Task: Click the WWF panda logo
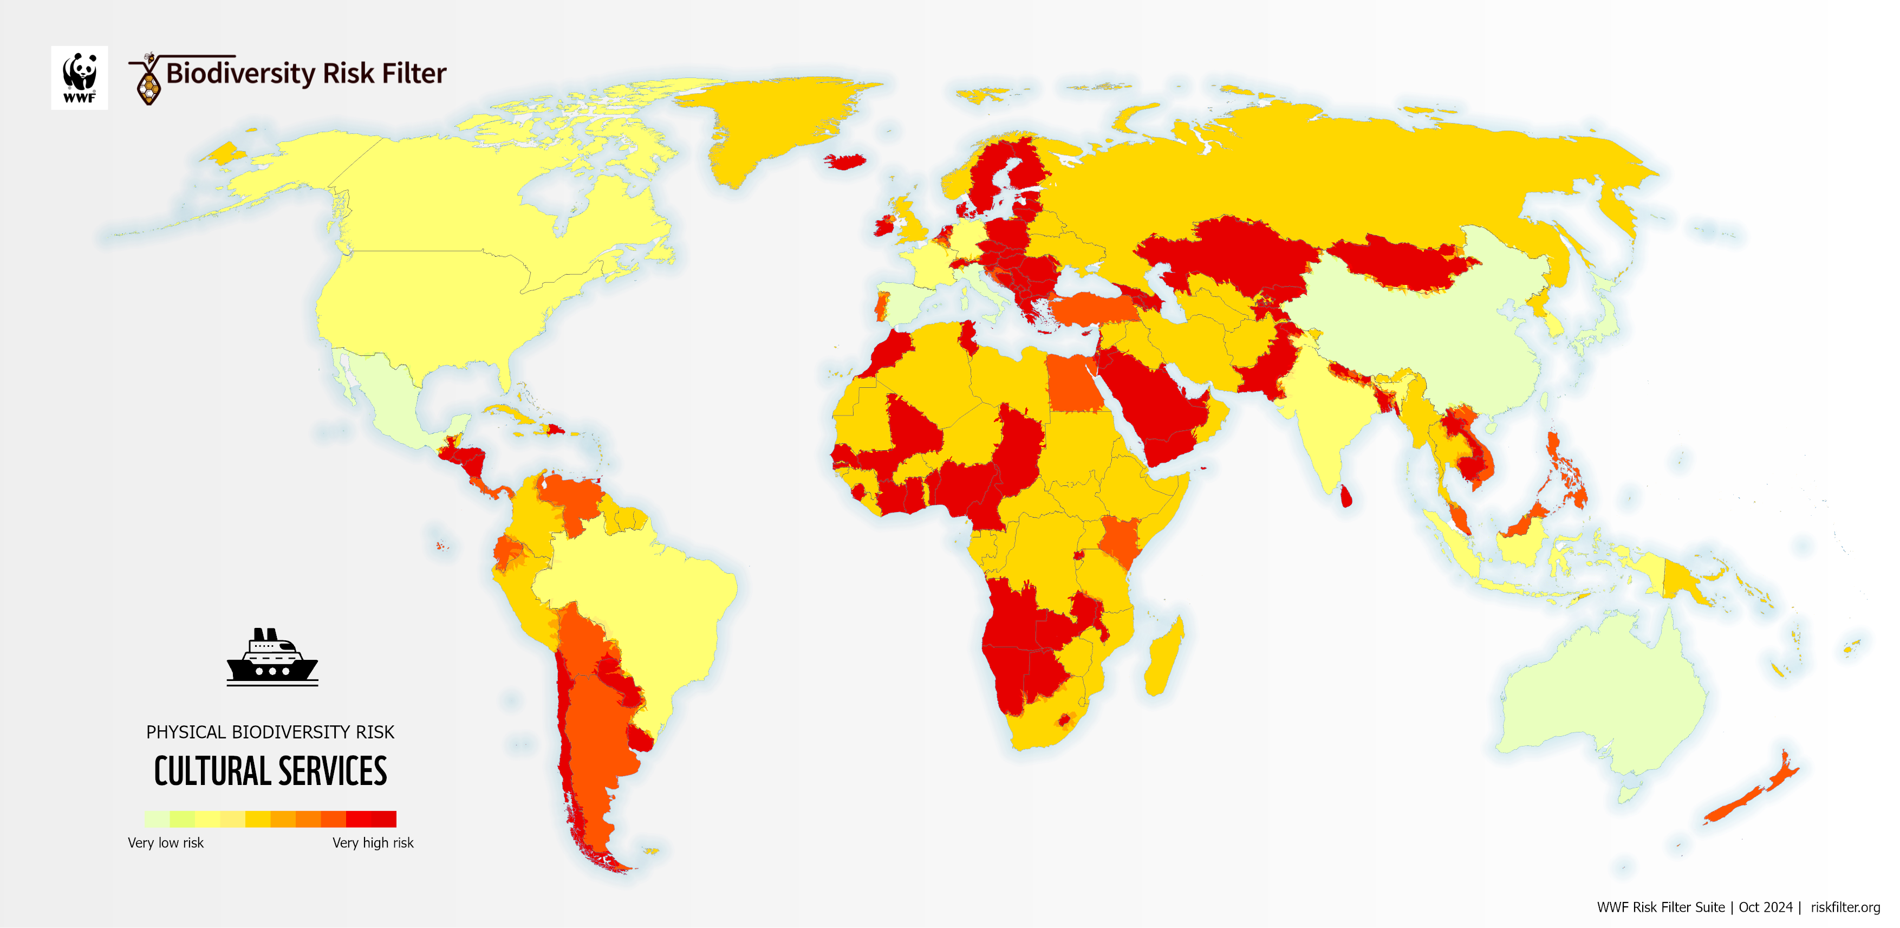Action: tap(79, 77)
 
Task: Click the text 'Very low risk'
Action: tap(165, 842)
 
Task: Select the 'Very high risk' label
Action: tap(373, 842)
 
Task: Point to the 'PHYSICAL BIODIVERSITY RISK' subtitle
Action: tap(270, 732)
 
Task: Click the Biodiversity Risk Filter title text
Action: tap(305, 73)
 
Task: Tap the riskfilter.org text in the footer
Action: tap(1845, 907)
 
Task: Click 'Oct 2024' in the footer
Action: tap(1765, 907)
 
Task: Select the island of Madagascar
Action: tap(1164, 657)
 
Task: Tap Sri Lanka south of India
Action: tap(1345, 496)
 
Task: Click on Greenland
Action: tap(775, 125)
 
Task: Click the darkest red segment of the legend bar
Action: tap(383, 819)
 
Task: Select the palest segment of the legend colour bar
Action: tap(157, 819)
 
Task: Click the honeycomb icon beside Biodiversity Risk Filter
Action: tap(149, 85)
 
